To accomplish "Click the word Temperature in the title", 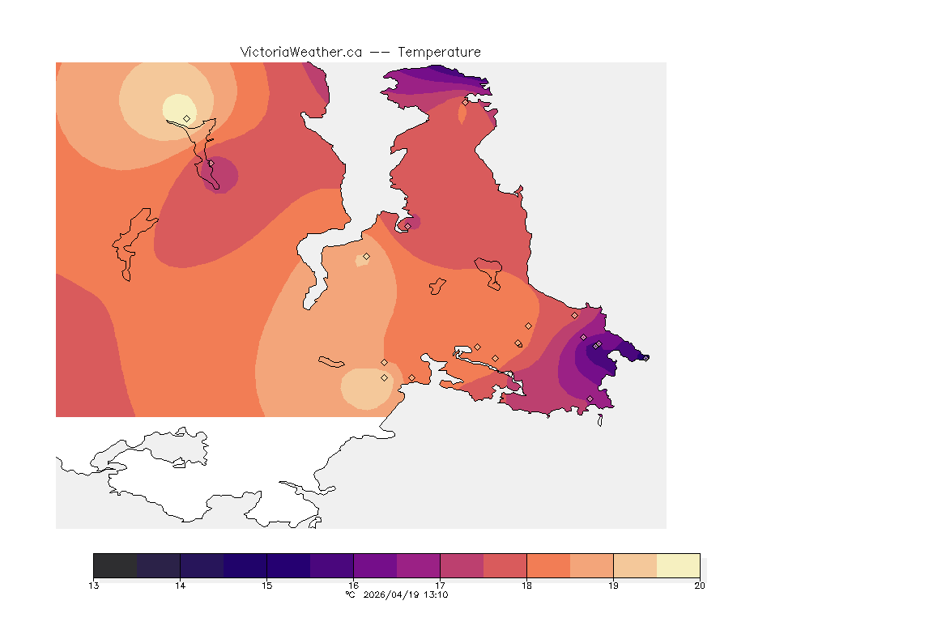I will pos(440,52).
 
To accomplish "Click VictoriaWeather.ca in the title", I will pos(300,52).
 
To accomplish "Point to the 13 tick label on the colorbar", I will pos(94,586).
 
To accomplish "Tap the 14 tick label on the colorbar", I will pos(181,586).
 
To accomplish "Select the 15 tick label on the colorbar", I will pos(267,586).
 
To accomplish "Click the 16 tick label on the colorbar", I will pos(354,586).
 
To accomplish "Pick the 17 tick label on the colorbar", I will pos(441,586).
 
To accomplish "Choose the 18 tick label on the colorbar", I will pos(526,586).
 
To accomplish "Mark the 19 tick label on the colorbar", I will pos(613,586).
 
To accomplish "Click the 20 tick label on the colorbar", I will pos(700,586).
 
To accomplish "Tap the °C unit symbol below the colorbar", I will pos(350,595).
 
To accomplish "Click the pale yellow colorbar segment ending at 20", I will pos(678,565).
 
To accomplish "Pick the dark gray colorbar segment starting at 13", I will pos(116,565).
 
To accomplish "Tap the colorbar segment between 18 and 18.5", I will pos(548,565).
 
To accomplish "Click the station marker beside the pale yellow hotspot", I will pos(187,118).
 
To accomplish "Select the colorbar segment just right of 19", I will pos(635,565).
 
